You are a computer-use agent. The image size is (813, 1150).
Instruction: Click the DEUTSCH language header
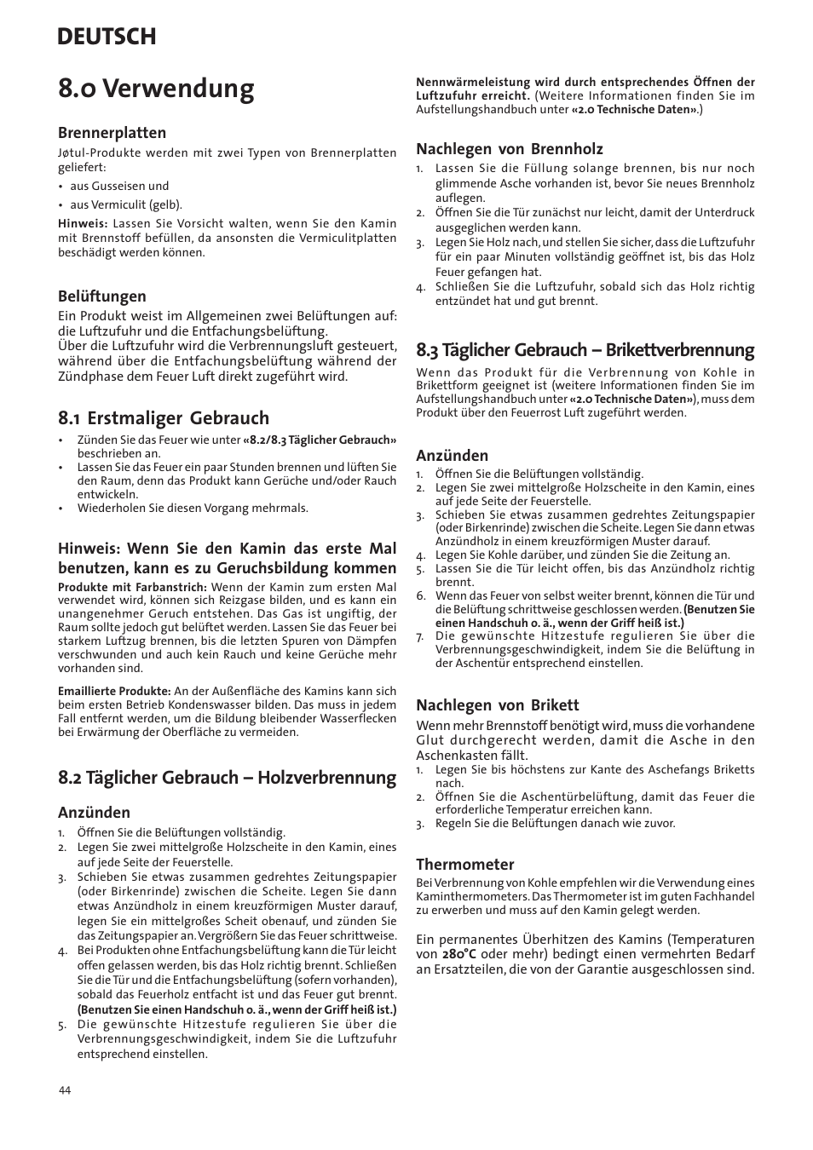point(107,37)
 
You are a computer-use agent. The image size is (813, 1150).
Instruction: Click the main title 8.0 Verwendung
point(156,89)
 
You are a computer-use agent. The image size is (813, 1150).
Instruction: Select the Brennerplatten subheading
point(112,133)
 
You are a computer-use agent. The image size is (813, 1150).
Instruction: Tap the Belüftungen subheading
point(102,296)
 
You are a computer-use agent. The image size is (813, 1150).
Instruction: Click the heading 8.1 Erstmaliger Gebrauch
point(164,417)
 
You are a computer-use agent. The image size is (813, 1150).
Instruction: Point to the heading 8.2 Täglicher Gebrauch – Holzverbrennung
point(227,777)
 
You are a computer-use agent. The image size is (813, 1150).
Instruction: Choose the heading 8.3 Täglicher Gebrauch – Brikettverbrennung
point(585,349)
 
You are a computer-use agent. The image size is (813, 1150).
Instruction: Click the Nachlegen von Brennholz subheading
point(509,149)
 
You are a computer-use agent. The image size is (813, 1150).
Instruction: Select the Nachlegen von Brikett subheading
point(497,704)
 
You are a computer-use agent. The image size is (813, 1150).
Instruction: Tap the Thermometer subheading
point(464,865)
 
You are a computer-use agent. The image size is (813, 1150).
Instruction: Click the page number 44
point(65,1091)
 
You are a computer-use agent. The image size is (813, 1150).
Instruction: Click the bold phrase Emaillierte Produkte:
point(114,691)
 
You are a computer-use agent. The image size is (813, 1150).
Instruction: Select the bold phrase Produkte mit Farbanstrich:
point(132,587)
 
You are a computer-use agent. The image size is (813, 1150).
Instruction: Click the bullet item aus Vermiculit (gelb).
point(125,204)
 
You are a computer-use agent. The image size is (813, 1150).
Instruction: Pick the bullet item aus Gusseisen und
point(119,186)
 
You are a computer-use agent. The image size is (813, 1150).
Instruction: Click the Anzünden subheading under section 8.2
point(94,813)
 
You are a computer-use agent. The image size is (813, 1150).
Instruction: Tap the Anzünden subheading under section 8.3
point(452,456)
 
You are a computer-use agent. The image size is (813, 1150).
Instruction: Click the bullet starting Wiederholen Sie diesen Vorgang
point(193,508)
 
